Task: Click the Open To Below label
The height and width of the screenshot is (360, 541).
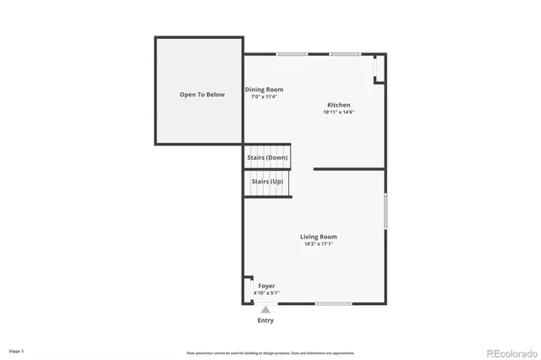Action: click(x=202, y=95)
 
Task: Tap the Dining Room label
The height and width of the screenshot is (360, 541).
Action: click(x=264, y=90)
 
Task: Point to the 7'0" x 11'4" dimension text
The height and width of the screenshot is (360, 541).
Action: click(x=264, y=97)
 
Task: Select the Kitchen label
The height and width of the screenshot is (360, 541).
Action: click(x=338, y=105)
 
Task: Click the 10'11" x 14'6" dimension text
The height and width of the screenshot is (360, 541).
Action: click(x=338, y=112)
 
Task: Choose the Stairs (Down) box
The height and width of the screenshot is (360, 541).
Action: click(x=267, y=157)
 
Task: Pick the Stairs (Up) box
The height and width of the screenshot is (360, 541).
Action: click(x=267, y=182)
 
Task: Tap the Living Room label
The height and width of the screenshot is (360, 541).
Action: click(x=319, y=237)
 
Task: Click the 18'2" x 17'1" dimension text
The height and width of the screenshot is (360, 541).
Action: click(x=319, y=244)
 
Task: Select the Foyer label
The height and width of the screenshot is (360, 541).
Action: click(x=266, y=286)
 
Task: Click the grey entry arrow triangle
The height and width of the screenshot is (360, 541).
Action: click(x=265, y=310)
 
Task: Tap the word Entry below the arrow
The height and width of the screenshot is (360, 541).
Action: click(x=265, y=321)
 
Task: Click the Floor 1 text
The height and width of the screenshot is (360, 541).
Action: click(x=17, y=351)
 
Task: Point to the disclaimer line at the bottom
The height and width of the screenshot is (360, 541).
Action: click(x=270, y=353)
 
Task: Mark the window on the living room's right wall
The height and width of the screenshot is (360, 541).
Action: click(x=385, y=211)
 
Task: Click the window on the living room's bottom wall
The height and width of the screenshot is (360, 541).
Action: click(x=333, y=303)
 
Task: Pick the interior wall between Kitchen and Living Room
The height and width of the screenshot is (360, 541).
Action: click(x=348, y=169)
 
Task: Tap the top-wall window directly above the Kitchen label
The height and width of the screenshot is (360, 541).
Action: click(x=345, y=55)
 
